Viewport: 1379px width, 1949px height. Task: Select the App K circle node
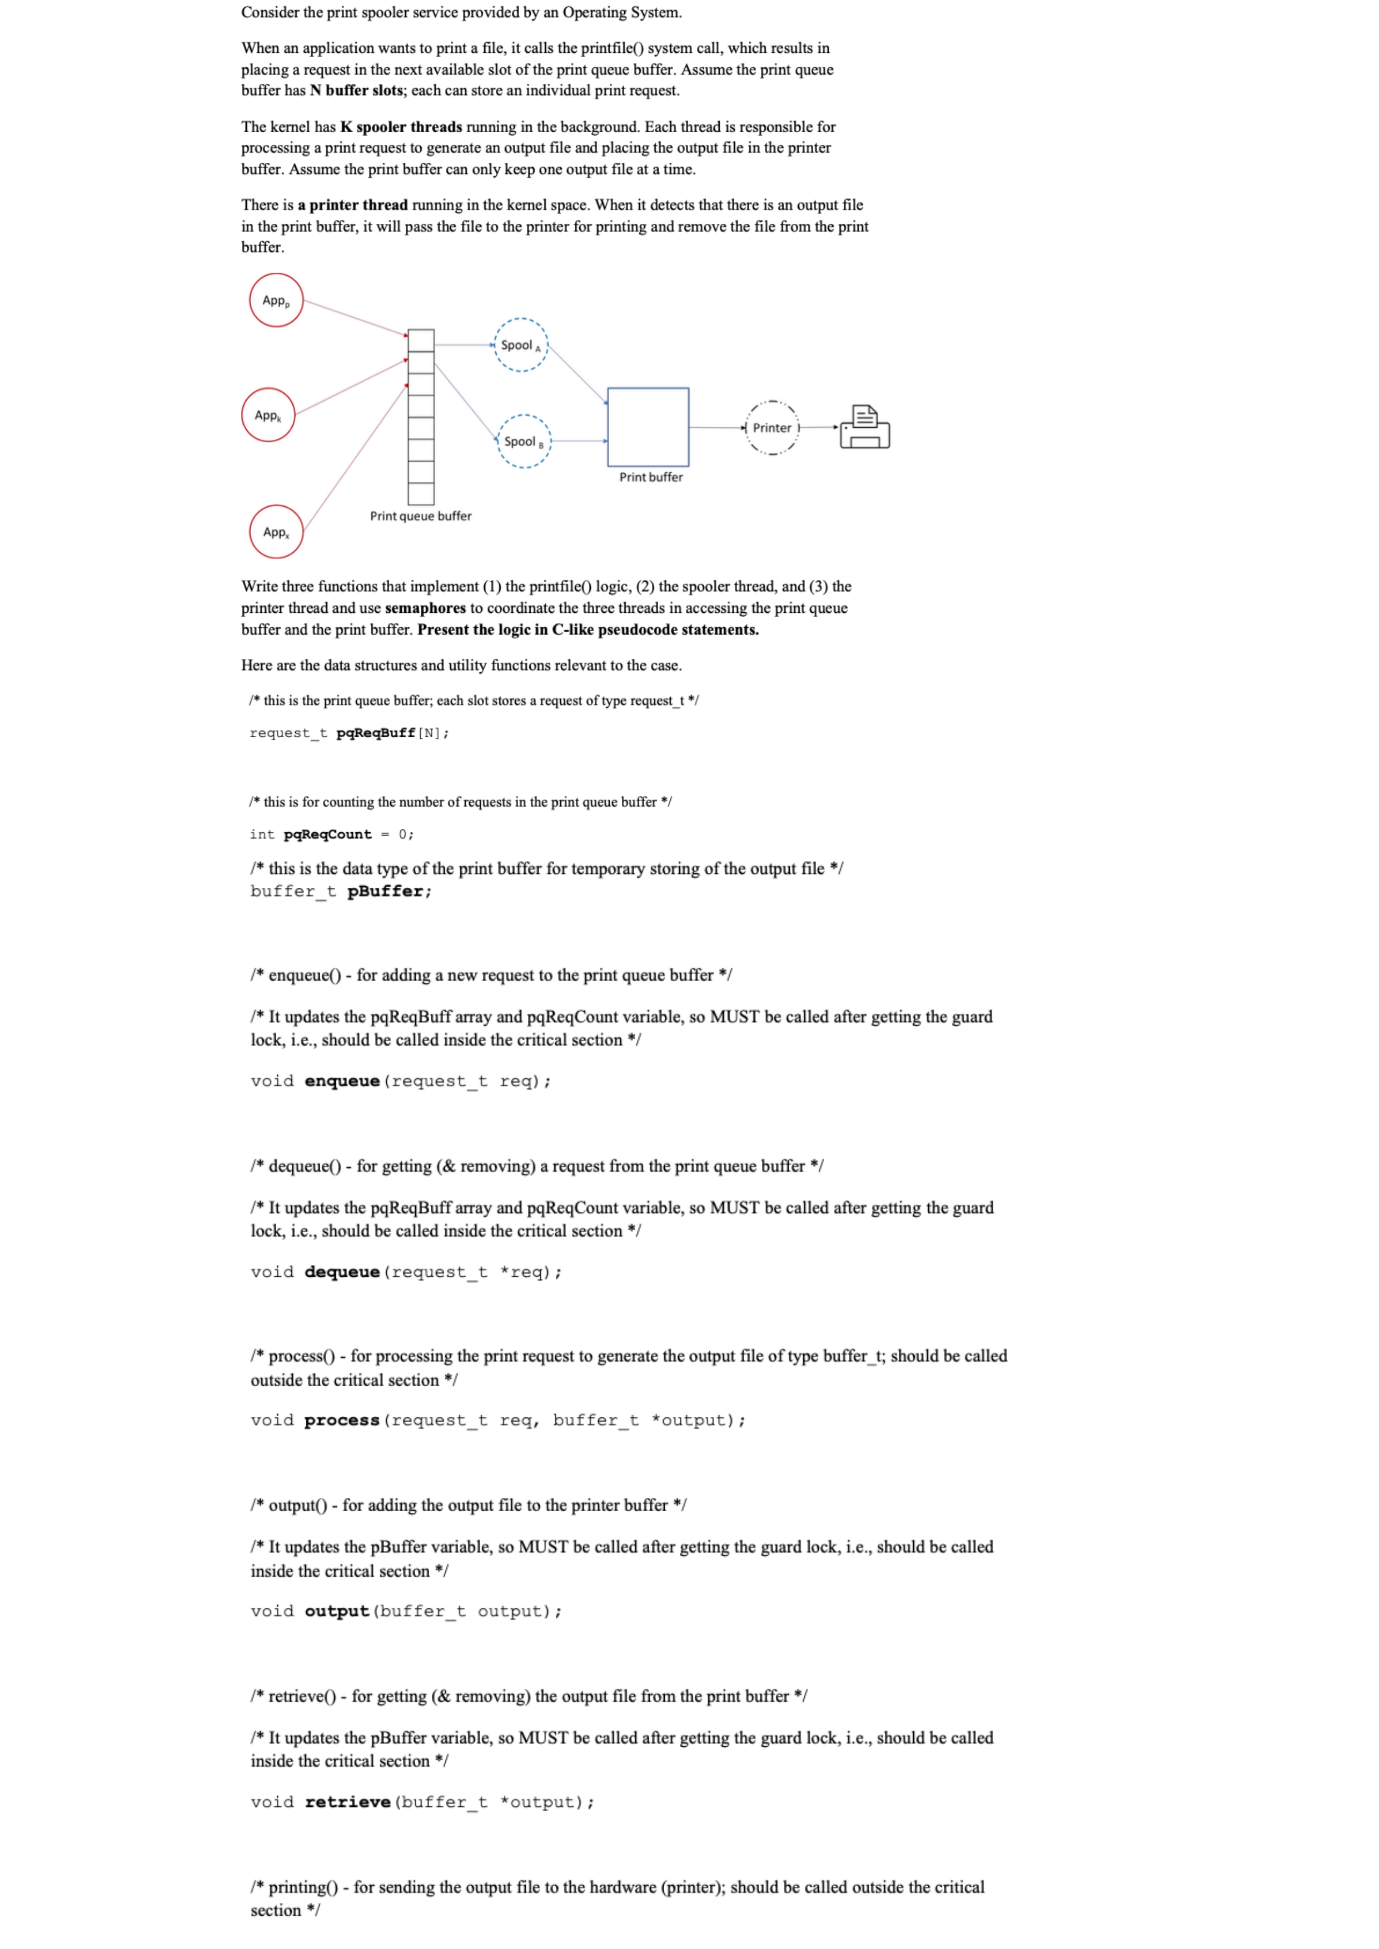[268, 415]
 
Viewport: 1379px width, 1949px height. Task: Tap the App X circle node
[276, 532]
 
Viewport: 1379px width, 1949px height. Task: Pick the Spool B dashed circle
[524, 441]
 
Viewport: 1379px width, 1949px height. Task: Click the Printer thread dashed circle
[772, 428]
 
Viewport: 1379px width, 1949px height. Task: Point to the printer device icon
[864, 427]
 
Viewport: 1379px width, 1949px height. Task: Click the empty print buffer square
[648, 427]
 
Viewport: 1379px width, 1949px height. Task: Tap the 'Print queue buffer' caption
[420, 516]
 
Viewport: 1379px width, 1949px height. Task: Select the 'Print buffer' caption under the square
[650, 477]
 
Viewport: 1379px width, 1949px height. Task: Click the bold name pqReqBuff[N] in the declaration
[375, 733]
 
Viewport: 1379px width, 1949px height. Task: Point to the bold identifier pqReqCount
[328, 834]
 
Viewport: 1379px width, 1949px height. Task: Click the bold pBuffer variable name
[386, 891]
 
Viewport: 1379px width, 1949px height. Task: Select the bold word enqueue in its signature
[342, 1082]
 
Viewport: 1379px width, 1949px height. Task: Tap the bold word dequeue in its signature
[342, 1272]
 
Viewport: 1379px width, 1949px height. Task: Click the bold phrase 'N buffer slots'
[357, 91]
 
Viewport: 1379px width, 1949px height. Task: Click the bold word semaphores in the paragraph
[425, 608]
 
